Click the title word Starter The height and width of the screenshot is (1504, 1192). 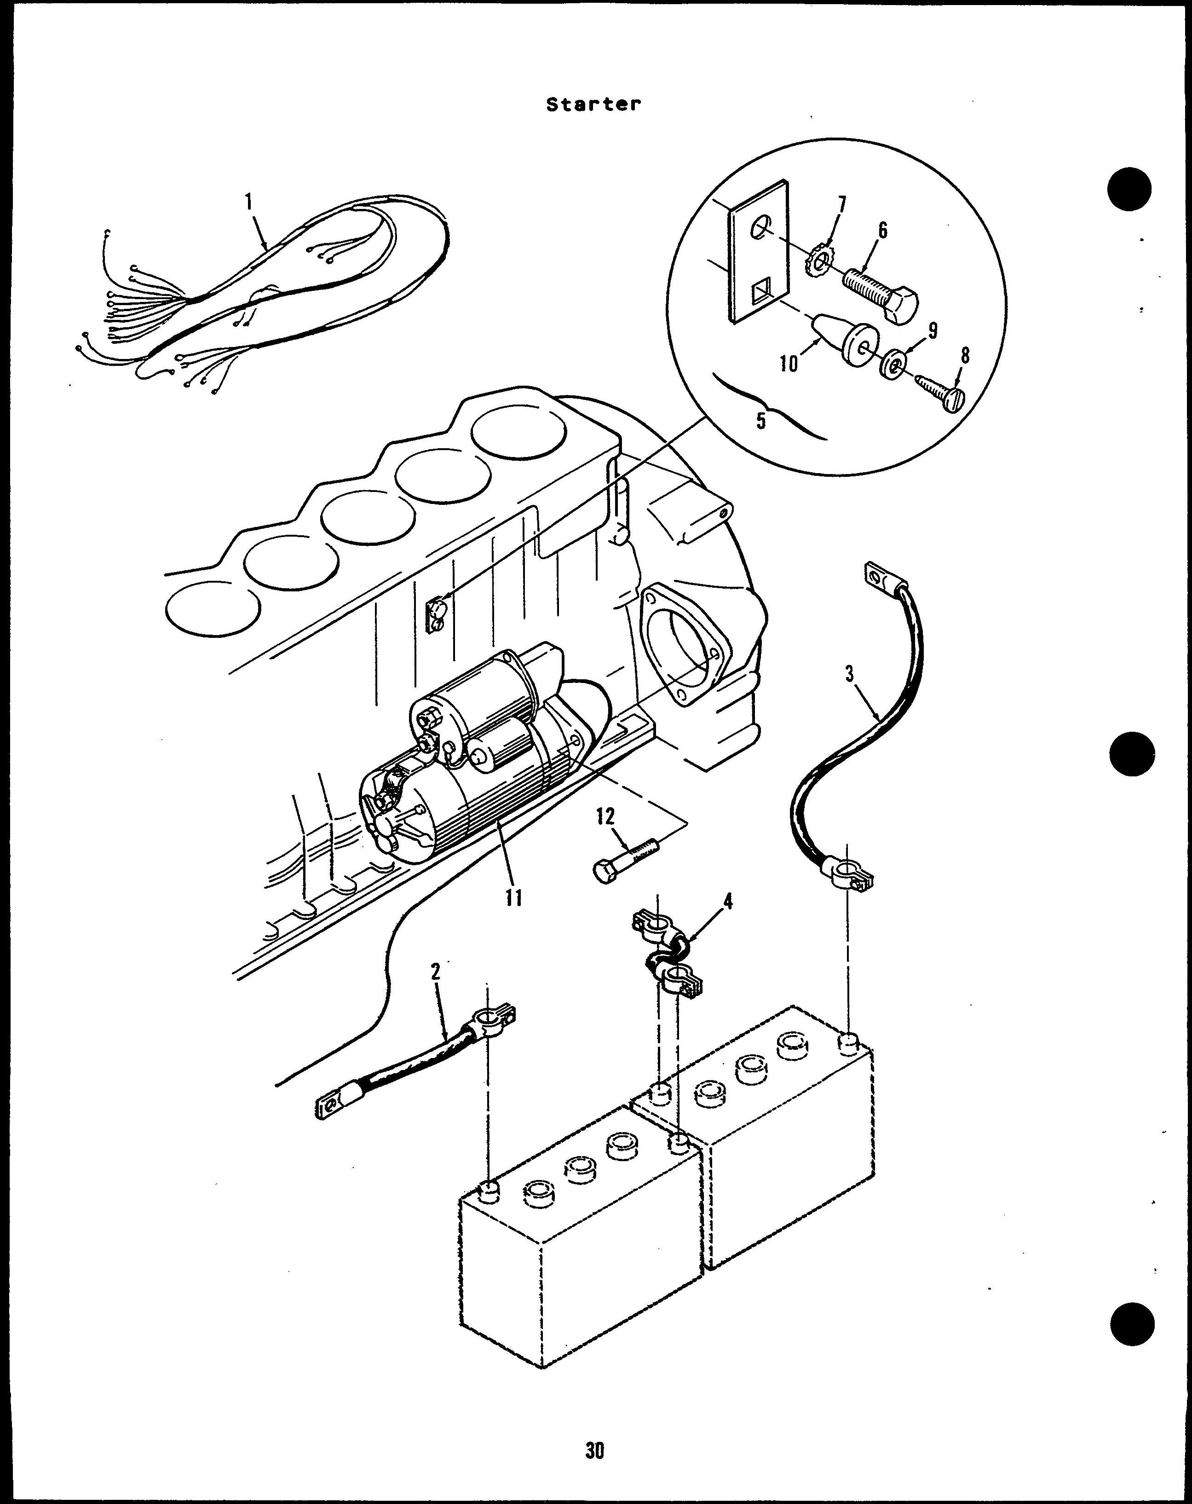tap(593, 104)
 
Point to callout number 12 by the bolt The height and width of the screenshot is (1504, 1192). tap(605, 816)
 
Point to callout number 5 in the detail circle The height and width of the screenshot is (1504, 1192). tap(761, 421)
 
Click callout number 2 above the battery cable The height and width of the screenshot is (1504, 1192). tap(435, 972)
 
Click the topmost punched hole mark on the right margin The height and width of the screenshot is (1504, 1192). tap(1129, 188)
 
